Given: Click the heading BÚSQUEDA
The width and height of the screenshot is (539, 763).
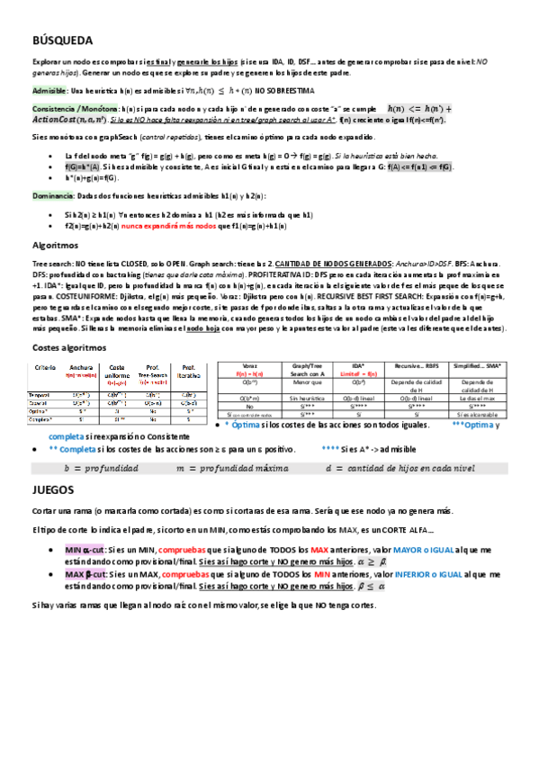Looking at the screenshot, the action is pos(62,40).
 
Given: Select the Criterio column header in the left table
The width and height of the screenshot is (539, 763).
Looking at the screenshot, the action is pos(45,369).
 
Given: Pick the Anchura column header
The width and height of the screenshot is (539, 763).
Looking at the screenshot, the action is pos(81,369).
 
